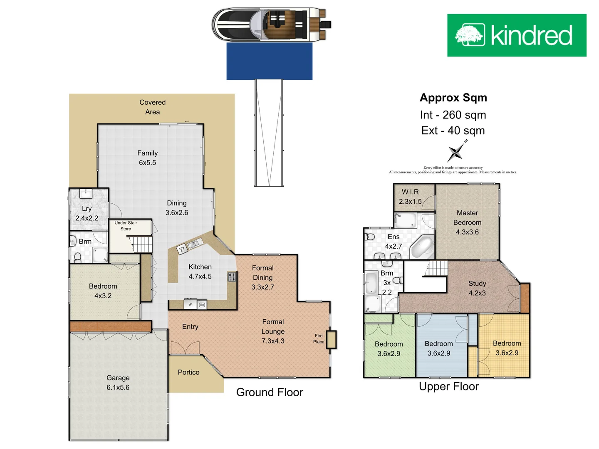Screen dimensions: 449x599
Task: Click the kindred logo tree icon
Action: coord(470,35)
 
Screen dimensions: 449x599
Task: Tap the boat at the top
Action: coord(270,24)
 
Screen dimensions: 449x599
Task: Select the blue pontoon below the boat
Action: coord(269,61)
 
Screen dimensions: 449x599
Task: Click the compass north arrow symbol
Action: coord(456,152)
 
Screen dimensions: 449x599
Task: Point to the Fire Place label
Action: coord(319,339)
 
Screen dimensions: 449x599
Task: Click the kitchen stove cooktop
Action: coord(232,277)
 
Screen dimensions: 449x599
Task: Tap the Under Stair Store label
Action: coord(126,226)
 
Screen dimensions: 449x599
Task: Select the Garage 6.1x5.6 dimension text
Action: coord(118,387)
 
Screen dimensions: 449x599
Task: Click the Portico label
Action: coord(188,373)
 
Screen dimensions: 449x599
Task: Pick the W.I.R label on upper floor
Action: coord(410,192)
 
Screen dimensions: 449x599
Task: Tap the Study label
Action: coord(477,284)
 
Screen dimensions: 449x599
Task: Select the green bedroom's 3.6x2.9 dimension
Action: coord(389,354)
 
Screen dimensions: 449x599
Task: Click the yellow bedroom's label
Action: coord(507,343)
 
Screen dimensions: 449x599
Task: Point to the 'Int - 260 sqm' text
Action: coord(453,115)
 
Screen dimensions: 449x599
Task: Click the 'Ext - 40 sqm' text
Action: coord(453,131)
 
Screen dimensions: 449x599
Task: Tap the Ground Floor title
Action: coord(270,392)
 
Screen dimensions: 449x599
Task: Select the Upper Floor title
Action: coord(449,387)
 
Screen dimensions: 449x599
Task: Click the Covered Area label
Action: coord(152,107)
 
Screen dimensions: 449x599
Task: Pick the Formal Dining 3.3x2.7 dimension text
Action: coord(262,287)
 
